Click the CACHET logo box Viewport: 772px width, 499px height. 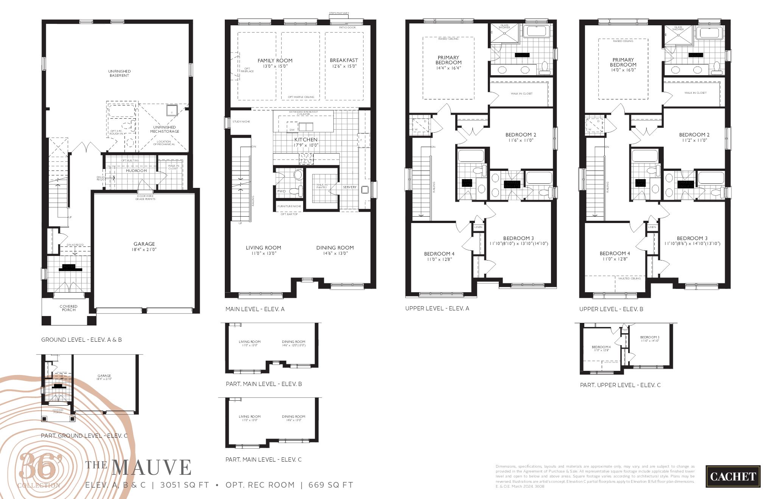733,476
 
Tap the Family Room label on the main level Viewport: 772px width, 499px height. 275,60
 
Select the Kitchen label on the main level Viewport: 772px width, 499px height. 306,139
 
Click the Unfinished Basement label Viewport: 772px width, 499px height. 119,73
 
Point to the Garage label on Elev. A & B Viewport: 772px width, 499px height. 144,244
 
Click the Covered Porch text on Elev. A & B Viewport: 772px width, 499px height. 68,308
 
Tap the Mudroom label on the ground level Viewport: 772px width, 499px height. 136,171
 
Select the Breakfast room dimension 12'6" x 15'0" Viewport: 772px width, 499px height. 344,66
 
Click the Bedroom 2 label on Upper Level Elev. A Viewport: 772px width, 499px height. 521,135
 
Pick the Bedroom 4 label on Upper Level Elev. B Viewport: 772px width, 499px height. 615,254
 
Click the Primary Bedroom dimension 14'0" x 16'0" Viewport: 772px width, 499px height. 623,70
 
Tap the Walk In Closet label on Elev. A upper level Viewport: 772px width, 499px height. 521,93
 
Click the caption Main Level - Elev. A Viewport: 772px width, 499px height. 255,309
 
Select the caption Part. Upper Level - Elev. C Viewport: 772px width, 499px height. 620,385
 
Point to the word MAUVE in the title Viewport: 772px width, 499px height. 151,468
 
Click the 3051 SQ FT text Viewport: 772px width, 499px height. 184,485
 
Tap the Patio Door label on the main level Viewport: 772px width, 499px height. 347,28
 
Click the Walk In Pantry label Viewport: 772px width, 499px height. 322,186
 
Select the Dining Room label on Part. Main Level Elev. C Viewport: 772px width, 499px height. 293,417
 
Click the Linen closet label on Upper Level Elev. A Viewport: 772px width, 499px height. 478,227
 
